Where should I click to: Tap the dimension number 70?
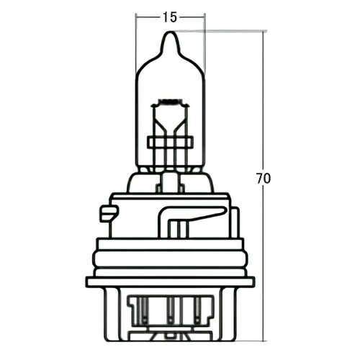click(264, 178)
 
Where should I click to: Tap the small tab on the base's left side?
click(109, 213)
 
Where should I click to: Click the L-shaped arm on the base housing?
click(194, 214)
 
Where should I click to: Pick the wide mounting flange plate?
click(170, 281)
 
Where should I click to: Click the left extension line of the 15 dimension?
click(136, 43)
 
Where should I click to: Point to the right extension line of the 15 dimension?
click(204, 43)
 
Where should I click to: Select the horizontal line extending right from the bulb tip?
click(223, 32)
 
